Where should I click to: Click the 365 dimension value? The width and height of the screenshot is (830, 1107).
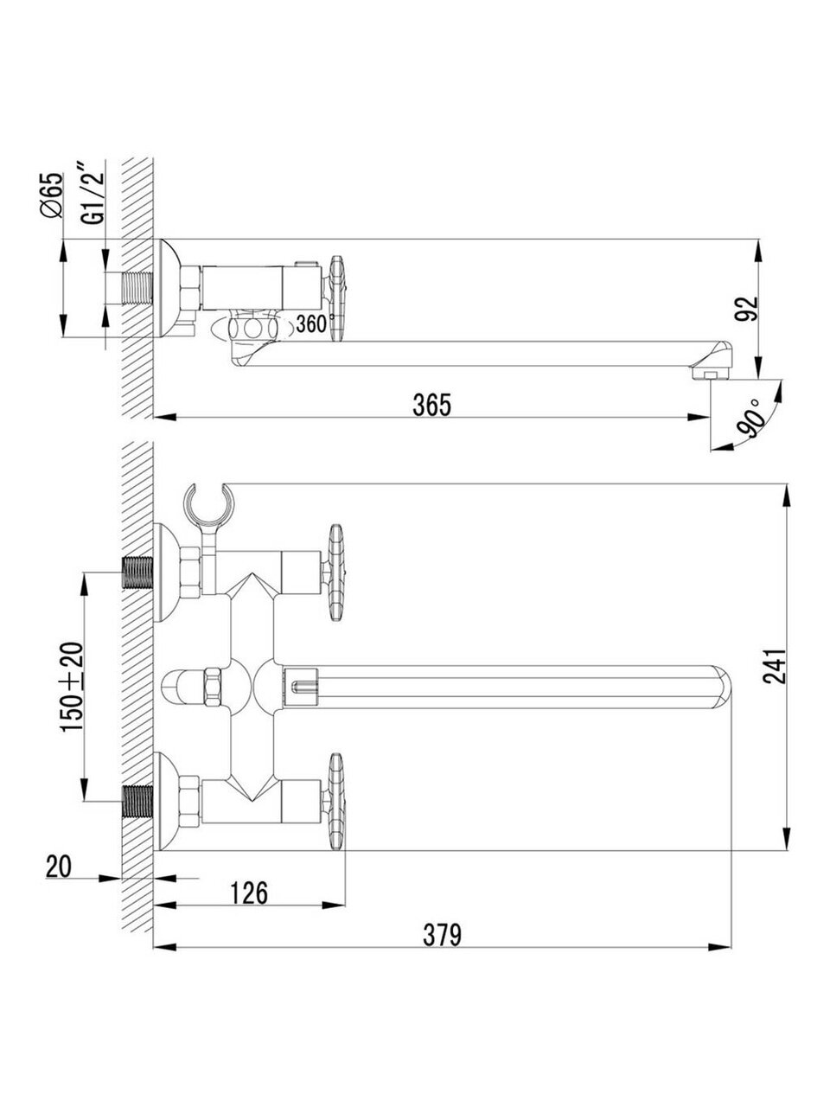pyautogui.click(x=432, y=405)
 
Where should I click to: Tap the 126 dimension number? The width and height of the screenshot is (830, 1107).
pyautogui.click(x=249, y=893)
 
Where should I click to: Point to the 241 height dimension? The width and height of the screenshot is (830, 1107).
pyautogui.click(x=774, y=666)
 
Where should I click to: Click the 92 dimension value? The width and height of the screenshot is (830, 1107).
pyautogui.click(x=746, y=309)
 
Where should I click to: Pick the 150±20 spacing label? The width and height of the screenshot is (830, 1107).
pyautogui.click(x=71, y=688)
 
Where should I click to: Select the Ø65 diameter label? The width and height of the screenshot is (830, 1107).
pyautogui.click(x=51, y=195)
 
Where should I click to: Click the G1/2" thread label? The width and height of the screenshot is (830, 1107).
pyautogui.click(x=93, y=193)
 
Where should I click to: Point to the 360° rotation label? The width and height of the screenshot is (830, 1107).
pyautogui.click(x=316, y=323)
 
